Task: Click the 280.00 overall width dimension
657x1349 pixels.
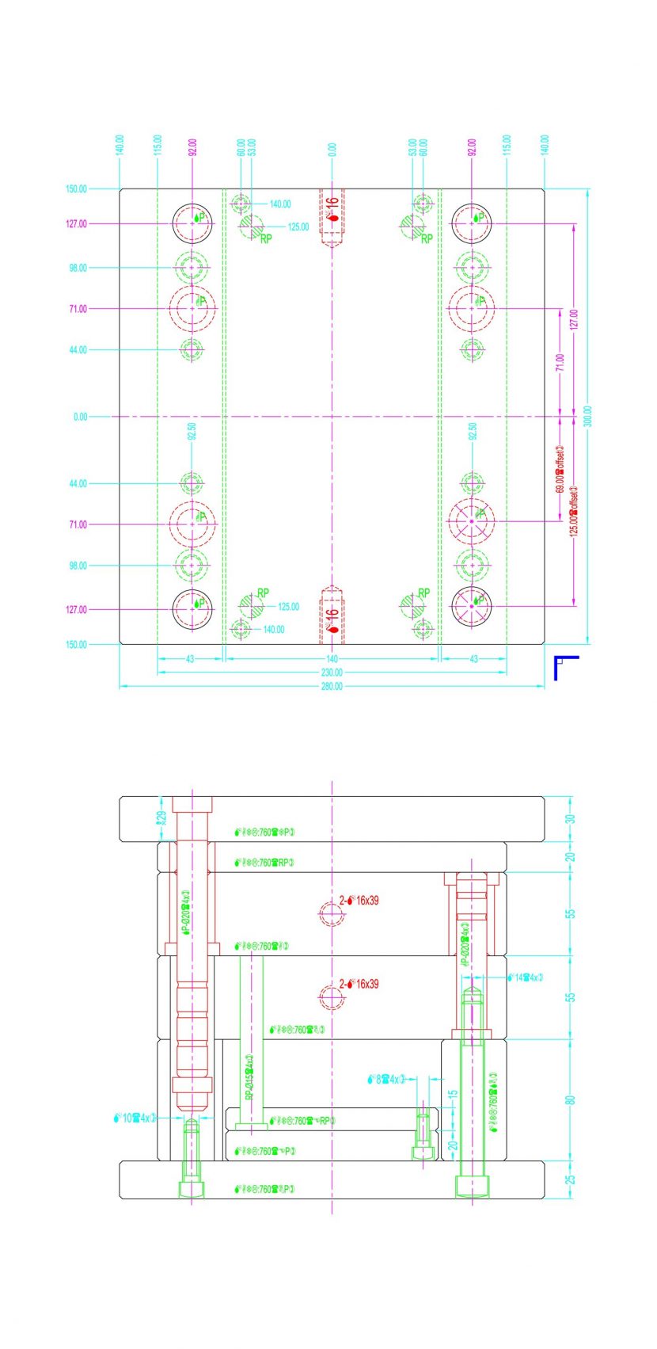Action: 332,686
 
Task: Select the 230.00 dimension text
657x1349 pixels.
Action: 332,673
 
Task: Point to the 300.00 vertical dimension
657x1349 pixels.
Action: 587,417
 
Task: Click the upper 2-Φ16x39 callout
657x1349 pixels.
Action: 359,901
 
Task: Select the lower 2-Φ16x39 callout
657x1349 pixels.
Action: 359,984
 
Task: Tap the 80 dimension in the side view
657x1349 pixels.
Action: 571,1099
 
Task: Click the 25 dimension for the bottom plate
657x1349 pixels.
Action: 571,1179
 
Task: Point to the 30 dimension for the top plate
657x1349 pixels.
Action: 571,819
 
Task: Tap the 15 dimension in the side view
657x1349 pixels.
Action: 453,1094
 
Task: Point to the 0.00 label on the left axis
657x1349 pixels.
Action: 80,417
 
